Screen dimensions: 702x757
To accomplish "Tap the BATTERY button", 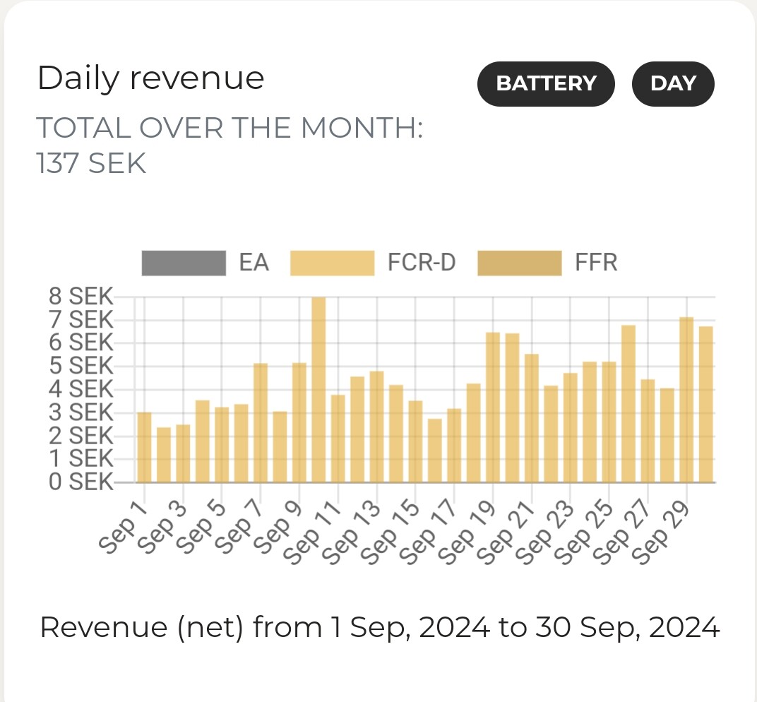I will click(x=546, y=84).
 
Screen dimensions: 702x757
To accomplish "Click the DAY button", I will click(x=673, y=84).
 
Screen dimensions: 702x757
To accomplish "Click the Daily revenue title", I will click(x=150, y=78).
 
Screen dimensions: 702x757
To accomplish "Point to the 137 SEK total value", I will click(x=91, y=164).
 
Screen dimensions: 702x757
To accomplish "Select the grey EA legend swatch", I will click(x=184, y=263).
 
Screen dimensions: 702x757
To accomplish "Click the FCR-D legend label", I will click(x=422, y=263).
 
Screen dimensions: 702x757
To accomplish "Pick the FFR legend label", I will click(x=596, y=263).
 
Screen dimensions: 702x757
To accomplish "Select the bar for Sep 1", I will click(x=144, y=447).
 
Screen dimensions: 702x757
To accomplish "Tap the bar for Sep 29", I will click(x=686, y=400).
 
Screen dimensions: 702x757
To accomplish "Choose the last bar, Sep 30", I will click(x=705, y=404).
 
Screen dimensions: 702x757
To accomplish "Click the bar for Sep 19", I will click(x=493, y=407).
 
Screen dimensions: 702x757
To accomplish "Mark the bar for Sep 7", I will click(x=261, y=422).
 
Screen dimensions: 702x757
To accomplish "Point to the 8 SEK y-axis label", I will click(x=81, y=297).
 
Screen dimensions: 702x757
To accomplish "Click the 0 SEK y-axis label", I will click(x=81, y=482).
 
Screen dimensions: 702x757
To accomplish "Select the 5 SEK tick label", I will click(x=81, y=366).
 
